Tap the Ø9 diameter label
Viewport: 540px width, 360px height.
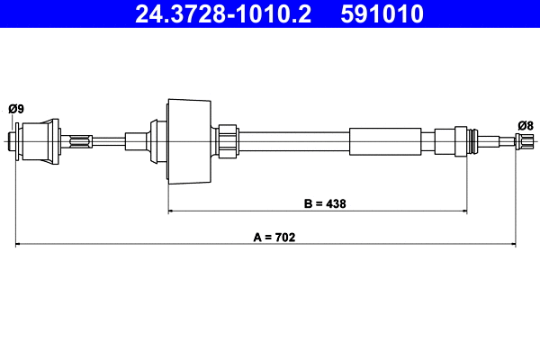(15, 109)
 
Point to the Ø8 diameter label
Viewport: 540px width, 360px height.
(526, 125)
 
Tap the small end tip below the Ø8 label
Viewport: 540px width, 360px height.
(526, 140)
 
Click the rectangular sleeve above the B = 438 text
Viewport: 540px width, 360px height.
(384, 140)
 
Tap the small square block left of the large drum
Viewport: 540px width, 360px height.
(137, 140)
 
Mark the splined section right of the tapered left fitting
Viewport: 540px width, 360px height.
(77, 140)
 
